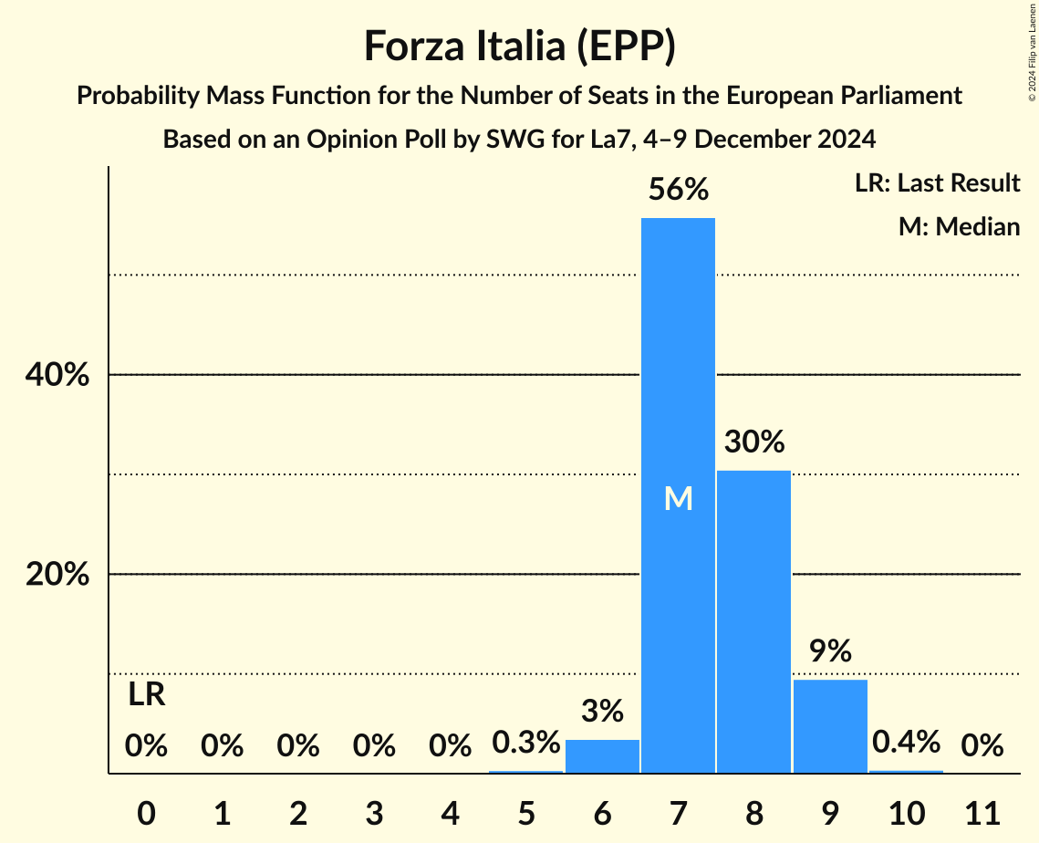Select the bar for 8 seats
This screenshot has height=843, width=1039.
[753, 621]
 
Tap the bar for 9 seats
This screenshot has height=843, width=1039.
[830, 726]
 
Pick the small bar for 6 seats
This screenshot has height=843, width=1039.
[602, 756]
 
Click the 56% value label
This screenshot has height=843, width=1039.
[678, 190]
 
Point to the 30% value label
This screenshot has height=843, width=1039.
[753, 442]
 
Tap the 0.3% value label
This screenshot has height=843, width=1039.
[525, 743]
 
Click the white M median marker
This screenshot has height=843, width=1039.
[678, 498]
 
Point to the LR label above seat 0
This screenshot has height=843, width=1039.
[146, 695]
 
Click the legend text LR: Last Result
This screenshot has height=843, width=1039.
[937, 183]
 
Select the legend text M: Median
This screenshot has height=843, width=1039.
[959, 226]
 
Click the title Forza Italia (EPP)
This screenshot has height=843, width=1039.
[519, 46]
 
